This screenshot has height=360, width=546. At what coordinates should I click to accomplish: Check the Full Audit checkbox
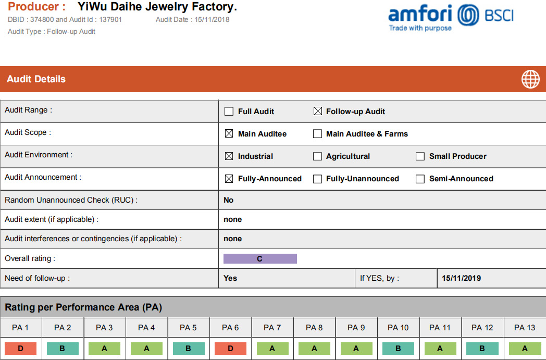(229, 111)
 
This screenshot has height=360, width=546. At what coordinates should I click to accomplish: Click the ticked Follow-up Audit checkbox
(318, 111)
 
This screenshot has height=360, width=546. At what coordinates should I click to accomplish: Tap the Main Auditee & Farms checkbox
(317, 134)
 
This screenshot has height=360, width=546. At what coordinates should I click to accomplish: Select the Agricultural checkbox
(317, 156)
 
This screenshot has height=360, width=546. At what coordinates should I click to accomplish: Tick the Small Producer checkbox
(420, 156)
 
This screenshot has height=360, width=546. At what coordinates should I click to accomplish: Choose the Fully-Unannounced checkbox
(317, 179)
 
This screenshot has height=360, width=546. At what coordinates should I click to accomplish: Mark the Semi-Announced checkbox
(420, 179)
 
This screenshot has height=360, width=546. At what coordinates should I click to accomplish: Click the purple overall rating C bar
(260, 259)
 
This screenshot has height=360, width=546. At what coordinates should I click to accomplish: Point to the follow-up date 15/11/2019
(462, 278)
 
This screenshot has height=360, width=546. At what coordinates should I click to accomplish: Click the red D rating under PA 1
(20, 349)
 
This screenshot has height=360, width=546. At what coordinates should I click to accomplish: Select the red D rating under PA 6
(230, 349)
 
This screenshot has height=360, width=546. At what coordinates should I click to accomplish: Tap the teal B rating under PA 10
(399, 349)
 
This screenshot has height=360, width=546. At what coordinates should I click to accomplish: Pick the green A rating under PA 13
(525, 349)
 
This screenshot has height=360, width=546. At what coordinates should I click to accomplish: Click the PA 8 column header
(314, 328)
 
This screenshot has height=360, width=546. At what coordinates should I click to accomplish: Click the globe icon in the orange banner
(530, 79)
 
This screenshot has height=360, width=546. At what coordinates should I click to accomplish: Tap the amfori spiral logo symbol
(468, 15)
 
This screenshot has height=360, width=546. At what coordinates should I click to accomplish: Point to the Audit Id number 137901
(110, 19)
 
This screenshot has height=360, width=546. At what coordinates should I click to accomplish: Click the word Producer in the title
(33, 7)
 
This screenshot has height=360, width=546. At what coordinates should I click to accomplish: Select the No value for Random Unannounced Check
(228, 200)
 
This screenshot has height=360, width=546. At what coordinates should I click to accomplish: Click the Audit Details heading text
(36, 79)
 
